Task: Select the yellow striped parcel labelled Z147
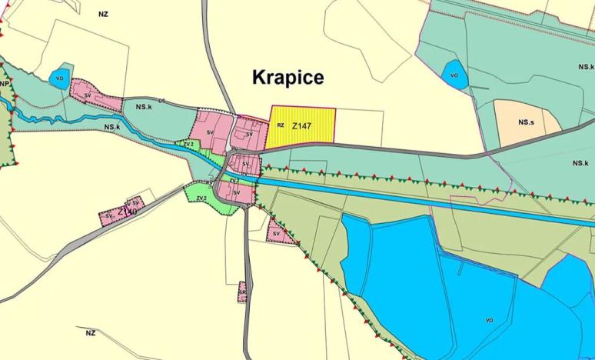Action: click(x=307, y=130)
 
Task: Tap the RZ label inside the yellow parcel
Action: click(x=281, y=124)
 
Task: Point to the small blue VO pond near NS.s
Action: click(x=454, y=74)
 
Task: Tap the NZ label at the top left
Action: click(x=104, y=14)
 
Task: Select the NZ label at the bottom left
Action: click(x=91, y=332)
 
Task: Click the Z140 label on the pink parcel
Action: click(x=127, y=209)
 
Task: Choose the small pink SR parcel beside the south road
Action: click(x=242, y=292)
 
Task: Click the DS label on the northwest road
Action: click(x=162, y=100)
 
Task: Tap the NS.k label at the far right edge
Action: click(x=580, y=164)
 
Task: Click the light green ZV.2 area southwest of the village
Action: click(x=201, y=195)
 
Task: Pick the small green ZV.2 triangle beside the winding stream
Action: click(x=188, y=144)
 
